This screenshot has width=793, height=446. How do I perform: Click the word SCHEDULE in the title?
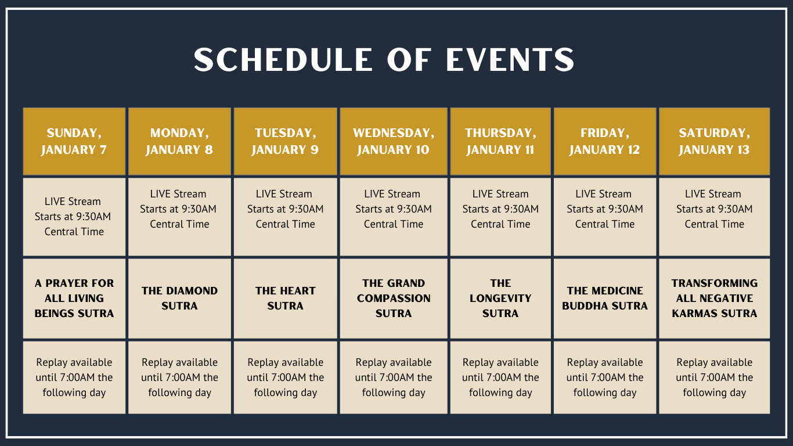click(x=283, y=59)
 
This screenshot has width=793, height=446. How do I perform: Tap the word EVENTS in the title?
click(x=510, y=59)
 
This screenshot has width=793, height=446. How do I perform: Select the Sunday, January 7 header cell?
click(x=74, y=141)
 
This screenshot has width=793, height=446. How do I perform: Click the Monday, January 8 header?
click(x=179, y=141)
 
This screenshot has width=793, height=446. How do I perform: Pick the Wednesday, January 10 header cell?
click(x=394, y=141)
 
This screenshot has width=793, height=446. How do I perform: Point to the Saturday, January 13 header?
click(x=715, y=141)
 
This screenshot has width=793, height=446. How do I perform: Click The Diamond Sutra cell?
click(x=179, y=298)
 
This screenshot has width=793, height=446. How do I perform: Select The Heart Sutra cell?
click(x=286, y=298)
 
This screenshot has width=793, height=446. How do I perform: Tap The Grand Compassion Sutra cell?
click(x=394, y=298)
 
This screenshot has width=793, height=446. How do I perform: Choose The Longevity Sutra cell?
click(x=500, y=298)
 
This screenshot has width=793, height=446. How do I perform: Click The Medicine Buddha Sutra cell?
click(x=605, y=298)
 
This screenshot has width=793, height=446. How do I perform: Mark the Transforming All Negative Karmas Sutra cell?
click(x=715, y=298)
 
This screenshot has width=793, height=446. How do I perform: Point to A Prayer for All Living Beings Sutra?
click(x=74, y=298)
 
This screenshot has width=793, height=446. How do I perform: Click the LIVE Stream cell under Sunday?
click(x=74, y=217)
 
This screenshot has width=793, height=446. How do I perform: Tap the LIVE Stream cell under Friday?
click(x=605, y=217)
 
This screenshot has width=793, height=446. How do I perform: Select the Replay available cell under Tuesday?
click(x=286, y=377)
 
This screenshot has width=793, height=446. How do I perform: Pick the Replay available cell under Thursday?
click(x=500, y=377)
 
